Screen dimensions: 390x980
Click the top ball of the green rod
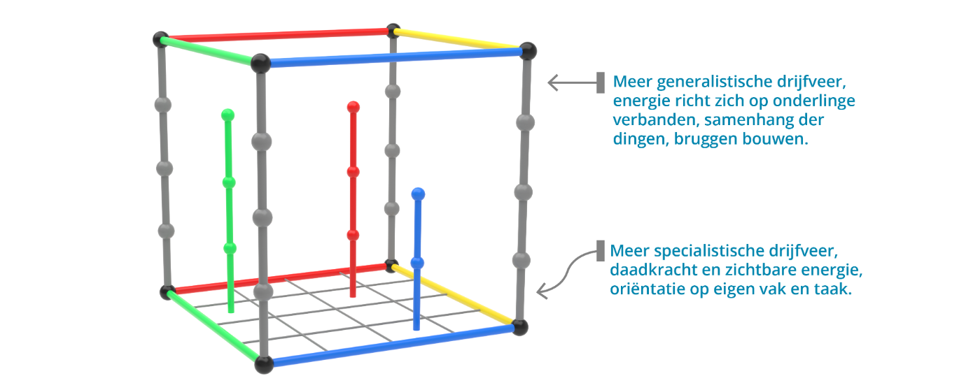point(227,115)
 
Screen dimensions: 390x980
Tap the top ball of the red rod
point(353,107)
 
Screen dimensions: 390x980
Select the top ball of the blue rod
point(419,193)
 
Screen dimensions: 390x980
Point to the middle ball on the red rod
point(353,171)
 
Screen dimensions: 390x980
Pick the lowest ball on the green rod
point(230,248)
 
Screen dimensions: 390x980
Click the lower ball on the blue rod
point(418,263)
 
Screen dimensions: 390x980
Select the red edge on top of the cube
point(276,34)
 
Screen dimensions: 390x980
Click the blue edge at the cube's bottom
point(392,346)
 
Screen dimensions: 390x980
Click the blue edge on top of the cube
point(395,57)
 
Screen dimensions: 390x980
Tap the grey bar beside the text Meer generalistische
point(601,82)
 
